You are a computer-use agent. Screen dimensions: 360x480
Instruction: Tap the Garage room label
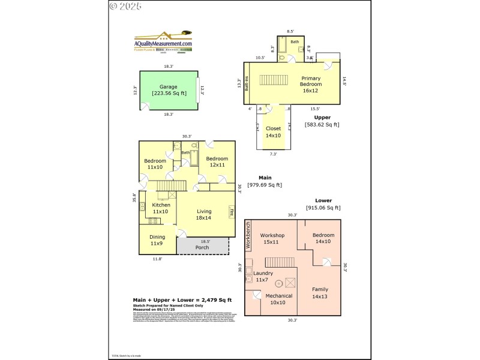click(169, 90)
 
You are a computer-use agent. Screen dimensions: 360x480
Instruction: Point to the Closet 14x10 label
click(273, 131)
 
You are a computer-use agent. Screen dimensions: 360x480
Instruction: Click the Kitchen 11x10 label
click(161, 208)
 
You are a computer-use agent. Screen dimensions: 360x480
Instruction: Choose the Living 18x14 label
click(204, 215)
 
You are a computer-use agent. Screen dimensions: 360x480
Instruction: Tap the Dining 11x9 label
click(157, 240)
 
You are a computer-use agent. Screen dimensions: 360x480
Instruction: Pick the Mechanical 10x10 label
click(279, 299)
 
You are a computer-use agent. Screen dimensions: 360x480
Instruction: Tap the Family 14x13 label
click(319, 293)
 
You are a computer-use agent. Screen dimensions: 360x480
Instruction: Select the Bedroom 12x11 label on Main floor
click(217, 161)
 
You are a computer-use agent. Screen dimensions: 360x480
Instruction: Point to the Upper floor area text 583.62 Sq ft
click(322, 125)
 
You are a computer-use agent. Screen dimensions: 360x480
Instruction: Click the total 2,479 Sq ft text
click(182, 299)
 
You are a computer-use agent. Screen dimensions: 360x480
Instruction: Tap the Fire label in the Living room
click(231, 211)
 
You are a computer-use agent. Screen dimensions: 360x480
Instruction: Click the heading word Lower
click(323, 200)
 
